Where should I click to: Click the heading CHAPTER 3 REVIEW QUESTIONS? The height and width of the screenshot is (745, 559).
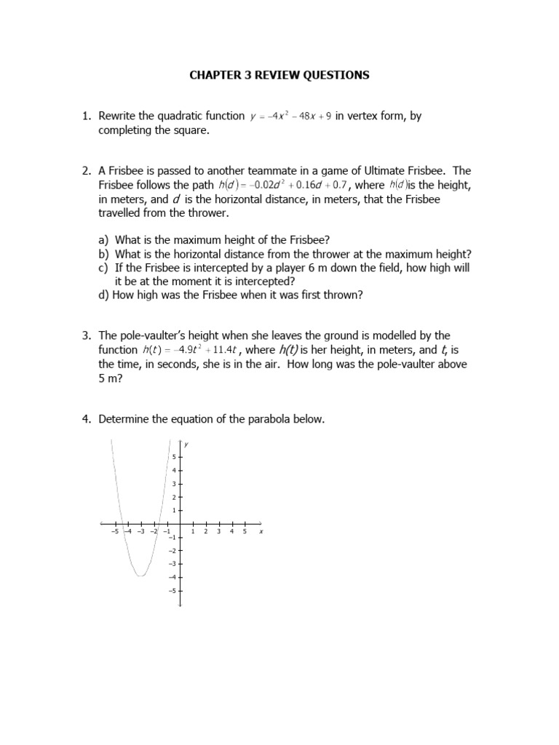[279, 75]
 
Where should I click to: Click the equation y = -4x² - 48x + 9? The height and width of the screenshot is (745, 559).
[290, 116]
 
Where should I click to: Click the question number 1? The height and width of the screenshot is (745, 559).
[85, 116]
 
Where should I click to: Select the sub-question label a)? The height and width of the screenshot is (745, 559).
[103, 240]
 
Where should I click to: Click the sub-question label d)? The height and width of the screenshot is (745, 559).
[104, 295]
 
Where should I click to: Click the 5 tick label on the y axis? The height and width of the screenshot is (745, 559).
[173, 457]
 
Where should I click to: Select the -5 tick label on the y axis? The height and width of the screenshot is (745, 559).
[172, 590]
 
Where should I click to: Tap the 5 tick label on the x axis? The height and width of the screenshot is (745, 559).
[245, 532]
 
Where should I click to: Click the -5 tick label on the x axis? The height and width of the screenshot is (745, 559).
[114, 532]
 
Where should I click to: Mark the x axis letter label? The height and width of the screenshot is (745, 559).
[261, 532]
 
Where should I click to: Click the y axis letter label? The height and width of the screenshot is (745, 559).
[186, 445]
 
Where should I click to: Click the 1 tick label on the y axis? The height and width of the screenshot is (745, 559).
[173, 511]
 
